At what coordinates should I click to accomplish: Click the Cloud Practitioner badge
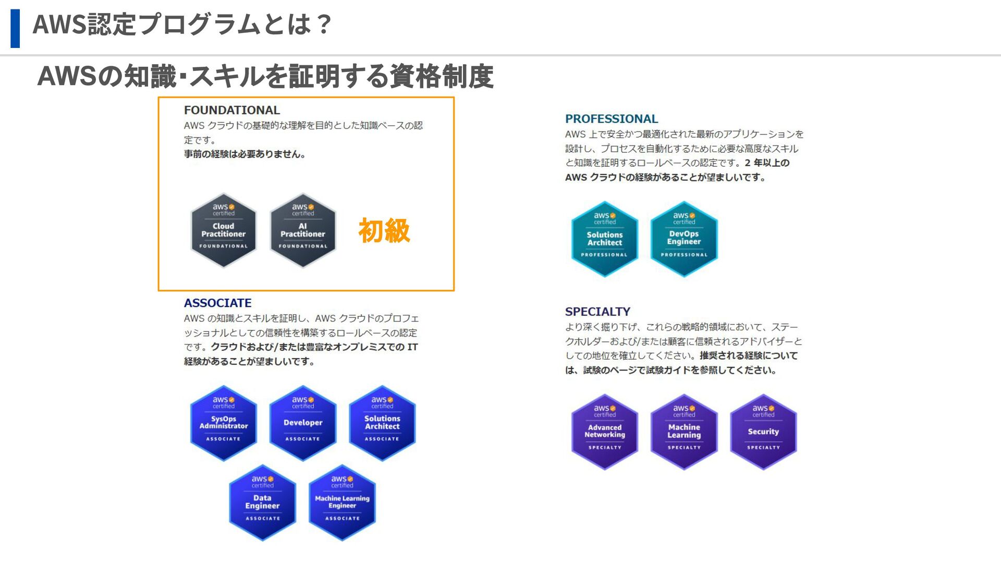[x=223, y=230]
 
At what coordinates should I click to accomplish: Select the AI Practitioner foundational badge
[x=303, y=230]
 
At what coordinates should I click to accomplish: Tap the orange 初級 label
[x=384, y=231]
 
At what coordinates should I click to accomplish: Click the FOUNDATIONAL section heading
[x=232, y=110]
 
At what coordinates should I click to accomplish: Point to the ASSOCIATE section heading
[x=217, y=303]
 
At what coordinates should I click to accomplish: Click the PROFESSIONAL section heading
[x=612, y=119]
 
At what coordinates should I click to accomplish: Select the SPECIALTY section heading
[x=597, y=312]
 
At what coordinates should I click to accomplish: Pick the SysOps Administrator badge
[x=223, y=423]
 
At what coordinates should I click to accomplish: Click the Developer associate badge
[x=303, y=423]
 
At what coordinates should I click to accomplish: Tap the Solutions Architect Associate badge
[x=382, y=423]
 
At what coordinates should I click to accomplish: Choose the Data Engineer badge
[x=263, y=503]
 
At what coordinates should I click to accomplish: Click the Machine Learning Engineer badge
[x=342, y=503]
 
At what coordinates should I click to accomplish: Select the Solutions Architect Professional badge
[x=605, y=239]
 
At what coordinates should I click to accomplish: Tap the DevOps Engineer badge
[x=684, y=239]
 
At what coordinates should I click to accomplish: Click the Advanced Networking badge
[x=605, y=432]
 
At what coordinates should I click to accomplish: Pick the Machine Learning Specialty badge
[x=684, y=432]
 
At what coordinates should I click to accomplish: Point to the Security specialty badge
[x=763, y=432]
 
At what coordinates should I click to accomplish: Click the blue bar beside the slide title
[x=15, y=28]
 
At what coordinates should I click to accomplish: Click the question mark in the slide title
[x=323, y=25]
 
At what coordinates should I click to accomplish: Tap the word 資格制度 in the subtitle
[x=441, y=76]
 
